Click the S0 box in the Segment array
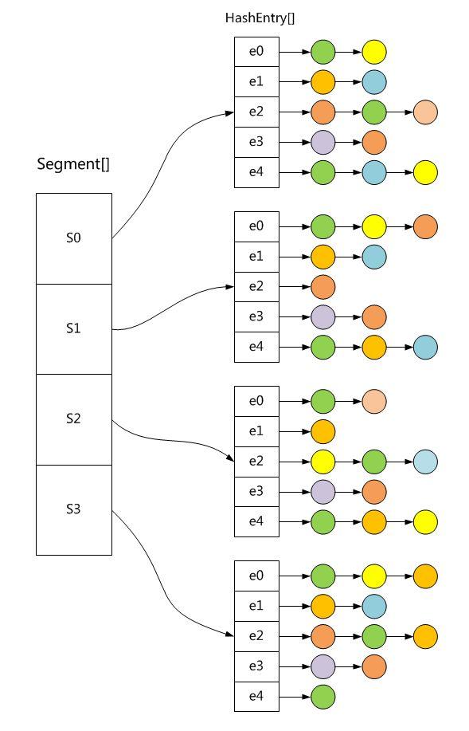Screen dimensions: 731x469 (x=73, y=238)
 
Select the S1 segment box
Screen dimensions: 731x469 (x=73, y=328)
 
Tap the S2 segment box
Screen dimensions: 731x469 (x=73, y=419)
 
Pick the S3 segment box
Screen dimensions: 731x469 (x=73, y=509)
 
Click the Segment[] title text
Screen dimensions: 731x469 (x=73, y=165)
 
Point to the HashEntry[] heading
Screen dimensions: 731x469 (x=256, y=18)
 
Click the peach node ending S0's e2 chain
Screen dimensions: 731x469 (x=425, y=112)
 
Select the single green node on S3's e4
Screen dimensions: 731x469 (x=322, y=697)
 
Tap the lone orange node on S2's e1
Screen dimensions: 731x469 (x=322, y=431)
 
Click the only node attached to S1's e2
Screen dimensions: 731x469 (x=322, y=287)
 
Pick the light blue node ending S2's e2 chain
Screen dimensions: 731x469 (x=425, y=462)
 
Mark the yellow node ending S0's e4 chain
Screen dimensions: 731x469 (x=425, y=172)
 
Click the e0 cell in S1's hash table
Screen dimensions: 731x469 (x=256, y=226)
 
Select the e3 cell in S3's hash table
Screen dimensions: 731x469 (x=256, y=666)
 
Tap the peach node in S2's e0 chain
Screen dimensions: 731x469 (x=373, y=401)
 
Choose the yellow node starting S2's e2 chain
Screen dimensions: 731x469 (x=322, y=462)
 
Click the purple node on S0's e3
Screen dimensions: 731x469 (x=322, y=142)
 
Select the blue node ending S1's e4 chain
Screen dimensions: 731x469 (x=425, y=348)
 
